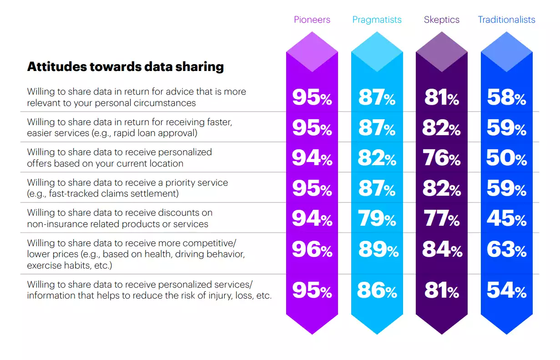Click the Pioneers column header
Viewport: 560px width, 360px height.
click(x=312, y=20)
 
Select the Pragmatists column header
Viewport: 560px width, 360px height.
click(x=377, y=20)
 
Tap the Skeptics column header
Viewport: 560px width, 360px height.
click(x=441, y=20)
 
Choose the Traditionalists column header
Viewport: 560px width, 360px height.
click(x=506, y=20)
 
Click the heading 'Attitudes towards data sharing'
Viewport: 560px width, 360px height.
click(x=126, y=67)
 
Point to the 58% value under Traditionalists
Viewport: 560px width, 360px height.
click(x=506, y=97)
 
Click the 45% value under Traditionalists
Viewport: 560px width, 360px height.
click(x=506, y=219)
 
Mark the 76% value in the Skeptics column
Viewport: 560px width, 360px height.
click(x=441, y=158)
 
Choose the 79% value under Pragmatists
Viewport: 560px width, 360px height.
click(x=377, y=219)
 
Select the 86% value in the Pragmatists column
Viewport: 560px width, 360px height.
click(x=377, y=290)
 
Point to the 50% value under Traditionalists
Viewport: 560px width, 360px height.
click(x=506, y=158)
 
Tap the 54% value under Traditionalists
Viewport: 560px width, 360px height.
click(x=506, y=290)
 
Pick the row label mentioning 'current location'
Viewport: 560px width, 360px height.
click(x=119, y=157)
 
